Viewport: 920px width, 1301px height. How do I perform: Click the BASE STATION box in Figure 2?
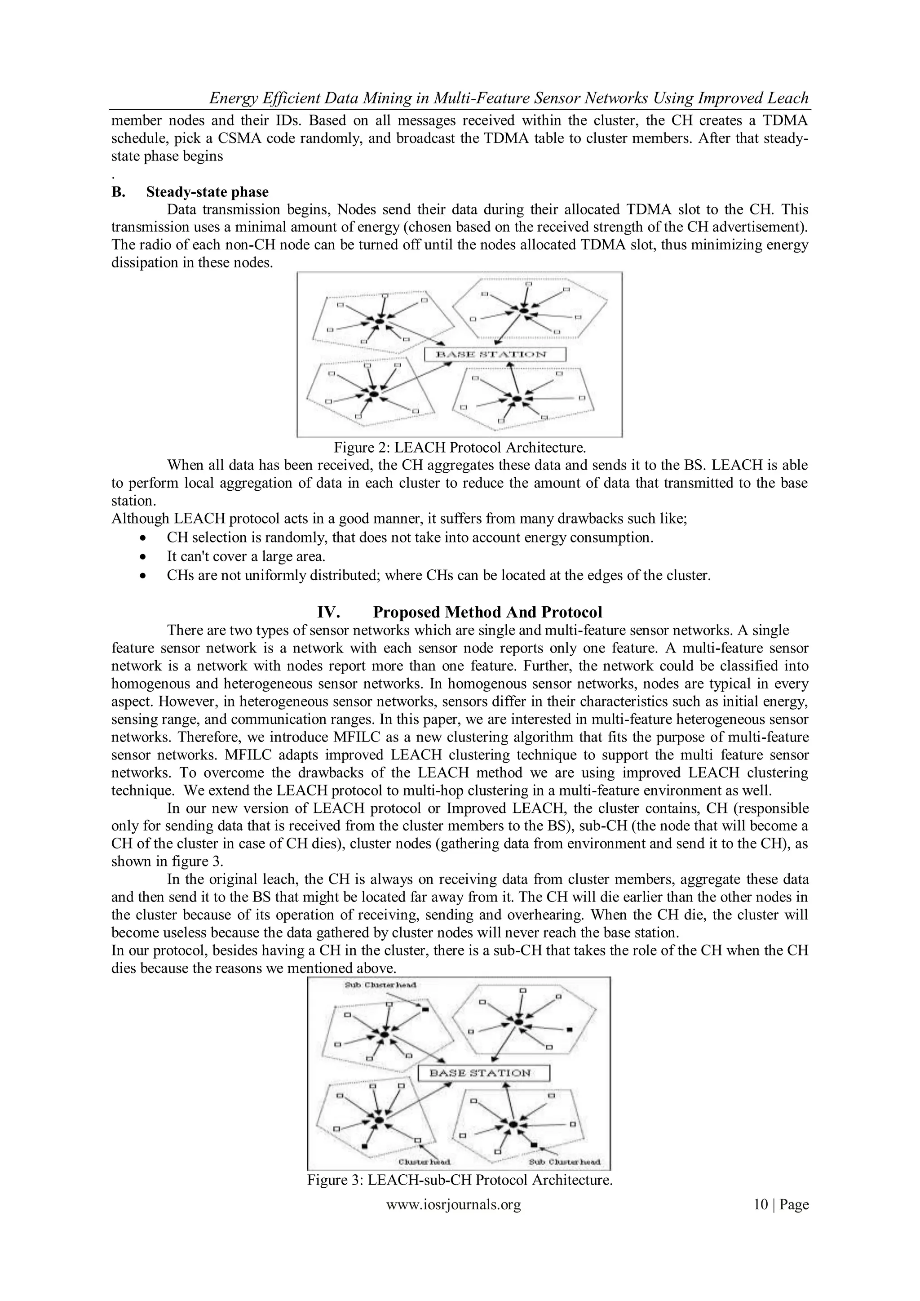click(495, 355)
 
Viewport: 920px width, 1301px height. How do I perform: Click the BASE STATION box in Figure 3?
click(484, 1073)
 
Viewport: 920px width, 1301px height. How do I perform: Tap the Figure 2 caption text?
click(460, 448)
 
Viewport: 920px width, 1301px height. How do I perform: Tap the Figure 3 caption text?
click(460, 1180)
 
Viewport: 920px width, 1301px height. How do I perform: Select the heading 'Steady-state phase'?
click(208, 191)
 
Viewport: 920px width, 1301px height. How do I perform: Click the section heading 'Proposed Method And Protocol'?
click(487, 612)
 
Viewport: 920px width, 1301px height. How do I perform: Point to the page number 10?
click(761, 1205)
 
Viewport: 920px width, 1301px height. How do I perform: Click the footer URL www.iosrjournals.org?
click(453, 1205)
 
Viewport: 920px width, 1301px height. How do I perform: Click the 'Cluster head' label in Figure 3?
click(425, 1162)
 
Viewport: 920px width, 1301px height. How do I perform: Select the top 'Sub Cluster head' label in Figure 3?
click(380, 984)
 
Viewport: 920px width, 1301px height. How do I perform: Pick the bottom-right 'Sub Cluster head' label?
click(564, 1162)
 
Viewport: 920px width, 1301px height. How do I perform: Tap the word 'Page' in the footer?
click(794, 1205)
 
